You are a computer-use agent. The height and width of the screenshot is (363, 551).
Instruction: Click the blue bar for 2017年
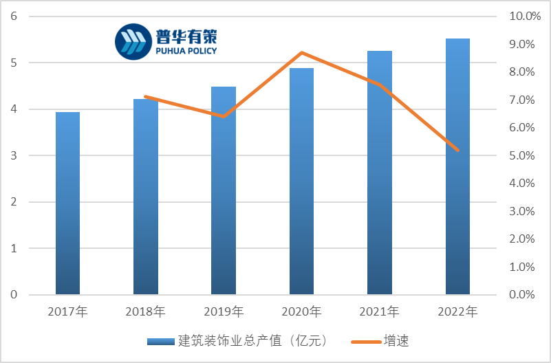tap(67, 203)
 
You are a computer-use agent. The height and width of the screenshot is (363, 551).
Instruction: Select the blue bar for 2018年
tap(146, 197)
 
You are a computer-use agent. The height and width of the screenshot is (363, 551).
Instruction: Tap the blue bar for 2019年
tap(224, 191)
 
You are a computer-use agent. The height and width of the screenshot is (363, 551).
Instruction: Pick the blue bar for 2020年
tap(301, 181)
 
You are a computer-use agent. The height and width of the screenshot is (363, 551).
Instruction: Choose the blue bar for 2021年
tap(380, 173)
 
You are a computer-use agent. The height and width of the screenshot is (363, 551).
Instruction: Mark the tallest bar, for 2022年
tap(457, 167)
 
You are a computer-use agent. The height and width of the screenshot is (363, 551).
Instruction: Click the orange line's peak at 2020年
tap(302, 53)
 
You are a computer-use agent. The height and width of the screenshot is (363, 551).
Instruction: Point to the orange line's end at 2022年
tap(457, 150)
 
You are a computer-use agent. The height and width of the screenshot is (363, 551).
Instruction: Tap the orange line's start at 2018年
tap(146, 97)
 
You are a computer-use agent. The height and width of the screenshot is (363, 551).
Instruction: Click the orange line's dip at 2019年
tap(224, 116)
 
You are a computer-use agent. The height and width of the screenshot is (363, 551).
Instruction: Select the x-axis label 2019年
tap(224, 312)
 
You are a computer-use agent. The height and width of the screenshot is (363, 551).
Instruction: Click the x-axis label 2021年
tap(379, 312)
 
